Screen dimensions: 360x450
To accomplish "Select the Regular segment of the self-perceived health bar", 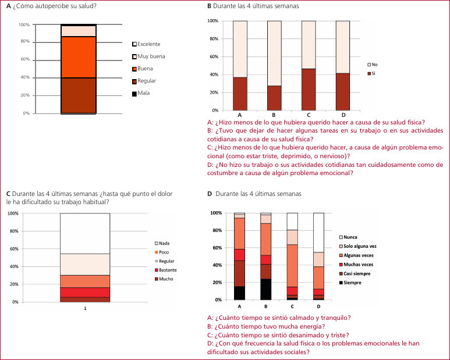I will click(x=79, y=95).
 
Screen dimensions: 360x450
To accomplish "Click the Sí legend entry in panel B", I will click(x=375, y=74).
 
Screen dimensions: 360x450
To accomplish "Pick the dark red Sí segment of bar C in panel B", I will click(x=309, y=89).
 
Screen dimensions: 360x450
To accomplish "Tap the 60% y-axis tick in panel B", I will click(x=213, y=56).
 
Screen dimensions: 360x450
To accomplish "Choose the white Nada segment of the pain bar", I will click(x=85, y=233).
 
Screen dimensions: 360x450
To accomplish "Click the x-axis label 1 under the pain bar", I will click(x=85, y=308).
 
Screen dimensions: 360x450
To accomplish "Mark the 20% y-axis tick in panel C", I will click(x=13, y=284).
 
